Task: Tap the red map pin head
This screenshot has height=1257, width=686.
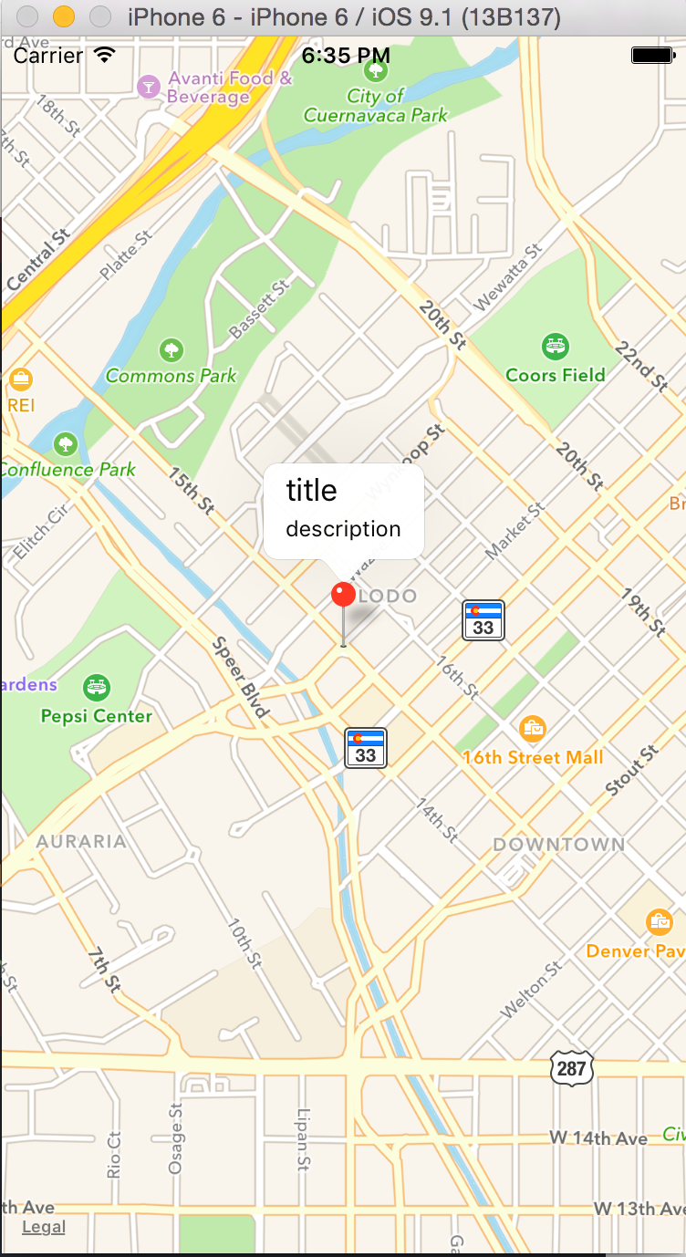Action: [x=343, y=594]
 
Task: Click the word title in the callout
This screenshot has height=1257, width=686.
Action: [x=312, y=491]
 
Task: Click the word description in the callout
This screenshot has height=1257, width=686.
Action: [x=343, y=529]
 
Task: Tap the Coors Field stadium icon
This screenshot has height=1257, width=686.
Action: [x=555, y=346]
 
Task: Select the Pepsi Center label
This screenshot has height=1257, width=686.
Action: [x=97, y=716]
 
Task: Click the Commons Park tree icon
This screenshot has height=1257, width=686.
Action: [x=171, y=349]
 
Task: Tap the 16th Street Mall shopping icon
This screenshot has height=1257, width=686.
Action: [x=533, y=728]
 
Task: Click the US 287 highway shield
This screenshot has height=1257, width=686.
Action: [x=572, y=1067]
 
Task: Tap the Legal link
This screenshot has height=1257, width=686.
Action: [x=44, y=1227]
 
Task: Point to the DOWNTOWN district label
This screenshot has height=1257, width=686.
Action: [x=559, y=845]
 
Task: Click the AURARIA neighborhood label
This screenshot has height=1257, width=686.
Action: [x=81, y=841]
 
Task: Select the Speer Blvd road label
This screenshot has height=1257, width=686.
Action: [x=241, y=677]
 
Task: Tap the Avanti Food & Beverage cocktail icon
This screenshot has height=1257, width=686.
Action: [x=147, y=87]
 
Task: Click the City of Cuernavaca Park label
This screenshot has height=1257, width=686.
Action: [x=376, y=106]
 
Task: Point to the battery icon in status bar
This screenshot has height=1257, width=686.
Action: [x=653, y=56]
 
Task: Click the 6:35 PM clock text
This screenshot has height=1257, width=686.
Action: [x=346, y=56]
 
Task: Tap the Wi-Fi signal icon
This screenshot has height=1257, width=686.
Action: [x=105, y=55]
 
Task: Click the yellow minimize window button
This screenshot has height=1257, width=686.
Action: [x=63, y=16]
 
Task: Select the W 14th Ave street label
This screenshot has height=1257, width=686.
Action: [x=598, y=1138]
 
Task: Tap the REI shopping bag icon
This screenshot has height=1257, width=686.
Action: [x=20, y=379]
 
